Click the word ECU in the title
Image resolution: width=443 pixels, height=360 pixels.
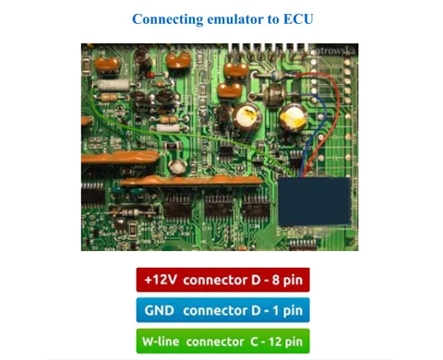click(298, 19)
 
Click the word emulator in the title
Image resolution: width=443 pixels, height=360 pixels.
click(235, 19)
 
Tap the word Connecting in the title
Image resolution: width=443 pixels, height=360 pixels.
click(168, 19)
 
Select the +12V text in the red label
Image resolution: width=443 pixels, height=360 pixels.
click(161, 280)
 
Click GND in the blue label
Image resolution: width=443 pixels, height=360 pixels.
click(159, 310)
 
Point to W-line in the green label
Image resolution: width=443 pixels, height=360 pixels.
click(161, 342)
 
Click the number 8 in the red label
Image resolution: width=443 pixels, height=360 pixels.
click(276, 280)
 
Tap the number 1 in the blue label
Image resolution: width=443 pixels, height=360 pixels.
click(276, 310)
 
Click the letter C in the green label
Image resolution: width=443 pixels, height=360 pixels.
click(255, 342)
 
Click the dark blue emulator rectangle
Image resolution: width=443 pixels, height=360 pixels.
click(314, 201)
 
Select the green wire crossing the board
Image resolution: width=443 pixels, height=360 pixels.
click(185, 135)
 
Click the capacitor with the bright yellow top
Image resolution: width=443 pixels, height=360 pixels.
click(293, 118)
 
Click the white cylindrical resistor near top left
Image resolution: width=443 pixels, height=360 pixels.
click(113, 85)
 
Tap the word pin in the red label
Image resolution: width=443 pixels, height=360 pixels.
click(293, 281)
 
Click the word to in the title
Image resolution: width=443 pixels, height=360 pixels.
click(273, 19)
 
